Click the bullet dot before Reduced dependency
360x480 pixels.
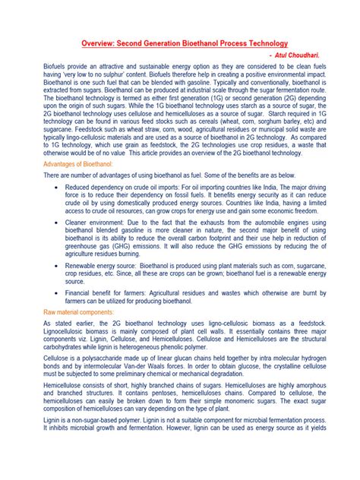(58, 185)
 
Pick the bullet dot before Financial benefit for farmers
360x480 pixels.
(58, 292)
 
